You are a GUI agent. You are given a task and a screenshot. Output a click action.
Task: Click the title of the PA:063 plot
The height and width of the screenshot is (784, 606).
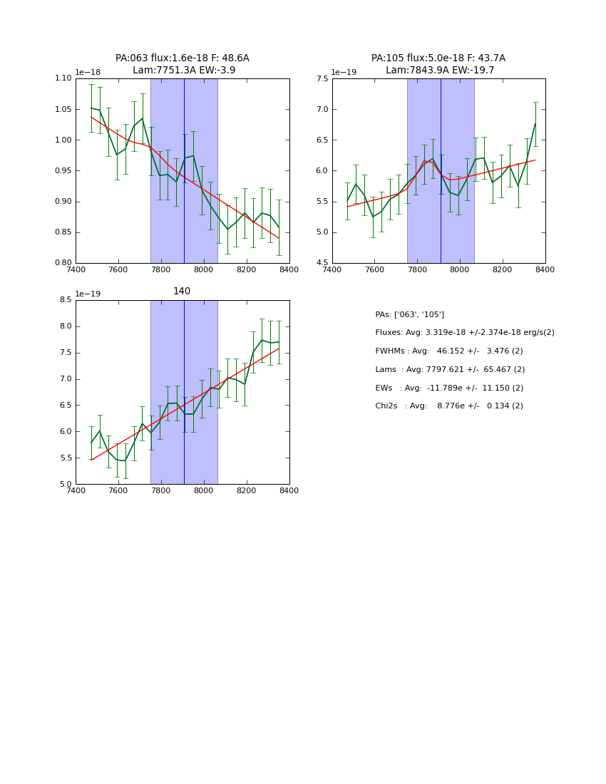pos(183,64)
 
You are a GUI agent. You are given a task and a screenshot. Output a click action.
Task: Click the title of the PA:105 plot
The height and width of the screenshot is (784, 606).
pos(438,64)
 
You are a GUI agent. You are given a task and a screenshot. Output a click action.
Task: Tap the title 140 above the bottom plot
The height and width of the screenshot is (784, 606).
pos(182,291)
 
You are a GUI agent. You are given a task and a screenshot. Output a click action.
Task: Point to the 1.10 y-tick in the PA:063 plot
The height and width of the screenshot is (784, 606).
pos(63,78)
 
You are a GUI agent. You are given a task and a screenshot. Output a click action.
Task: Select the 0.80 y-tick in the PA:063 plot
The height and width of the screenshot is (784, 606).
pos(63,263)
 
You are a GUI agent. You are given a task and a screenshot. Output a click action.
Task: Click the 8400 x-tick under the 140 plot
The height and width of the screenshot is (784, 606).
pos(289,491)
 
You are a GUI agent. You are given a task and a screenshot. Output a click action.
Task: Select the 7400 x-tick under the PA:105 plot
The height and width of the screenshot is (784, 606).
pos(332,269)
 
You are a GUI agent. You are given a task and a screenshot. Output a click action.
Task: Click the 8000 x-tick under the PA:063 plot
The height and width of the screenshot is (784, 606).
pos(203,269)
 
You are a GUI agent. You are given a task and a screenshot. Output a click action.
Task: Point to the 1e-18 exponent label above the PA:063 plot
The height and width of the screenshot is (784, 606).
pos(88,72)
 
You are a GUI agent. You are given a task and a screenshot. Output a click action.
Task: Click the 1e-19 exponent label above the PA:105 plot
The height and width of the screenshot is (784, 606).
pos(344,72)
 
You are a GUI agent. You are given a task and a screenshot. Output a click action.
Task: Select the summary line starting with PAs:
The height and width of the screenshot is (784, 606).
pos(410,314)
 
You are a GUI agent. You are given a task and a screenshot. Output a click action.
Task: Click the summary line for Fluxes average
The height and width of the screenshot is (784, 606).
pos(465,333)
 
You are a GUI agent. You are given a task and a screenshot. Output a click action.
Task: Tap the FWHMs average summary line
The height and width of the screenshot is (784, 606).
pos(449,351)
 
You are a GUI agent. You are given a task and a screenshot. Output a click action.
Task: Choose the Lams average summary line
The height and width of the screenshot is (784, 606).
pos(450,370)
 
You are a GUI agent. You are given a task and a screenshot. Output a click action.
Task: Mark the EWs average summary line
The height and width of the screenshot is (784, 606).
pos(449,388)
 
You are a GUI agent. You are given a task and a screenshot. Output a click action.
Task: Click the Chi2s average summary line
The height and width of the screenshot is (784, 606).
pos(449,406)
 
